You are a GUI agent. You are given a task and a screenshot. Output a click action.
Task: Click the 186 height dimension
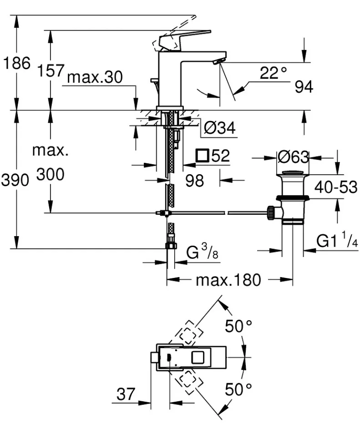click(16, 63)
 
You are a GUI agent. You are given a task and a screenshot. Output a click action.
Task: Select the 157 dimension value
click(51, 71)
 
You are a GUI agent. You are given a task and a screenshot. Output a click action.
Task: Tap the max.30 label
click(95, 77)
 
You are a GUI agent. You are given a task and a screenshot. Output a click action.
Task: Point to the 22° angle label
click(273, 73)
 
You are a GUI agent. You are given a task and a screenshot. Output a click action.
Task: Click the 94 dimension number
click(304, 87)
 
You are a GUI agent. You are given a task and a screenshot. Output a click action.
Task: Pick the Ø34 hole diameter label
click(220, 127)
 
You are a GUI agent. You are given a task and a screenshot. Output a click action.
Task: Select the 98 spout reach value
click(194, 180)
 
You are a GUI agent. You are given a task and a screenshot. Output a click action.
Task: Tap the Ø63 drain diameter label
click(293, 157)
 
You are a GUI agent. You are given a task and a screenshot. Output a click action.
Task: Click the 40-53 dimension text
click(336, 187)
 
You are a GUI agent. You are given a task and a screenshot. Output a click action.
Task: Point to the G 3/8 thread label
click(202, 252)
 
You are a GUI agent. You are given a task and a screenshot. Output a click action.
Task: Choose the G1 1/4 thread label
click(337, 240)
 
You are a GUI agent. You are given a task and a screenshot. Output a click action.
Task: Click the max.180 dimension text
click(228, 280)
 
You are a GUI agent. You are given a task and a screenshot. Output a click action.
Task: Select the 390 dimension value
click(15, 180)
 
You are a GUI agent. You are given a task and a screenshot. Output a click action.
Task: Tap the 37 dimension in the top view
click(126, 394)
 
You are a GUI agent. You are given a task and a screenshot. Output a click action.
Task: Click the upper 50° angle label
click(238, 326)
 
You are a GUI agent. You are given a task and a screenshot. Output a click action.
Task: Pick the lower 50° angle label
click(238, 389)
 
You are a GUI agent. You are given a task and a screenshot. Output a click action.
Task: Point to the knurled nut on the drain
click(270, 213)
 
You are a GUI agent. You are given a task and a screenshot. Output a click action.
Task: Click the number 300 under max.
click(51, 174)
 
